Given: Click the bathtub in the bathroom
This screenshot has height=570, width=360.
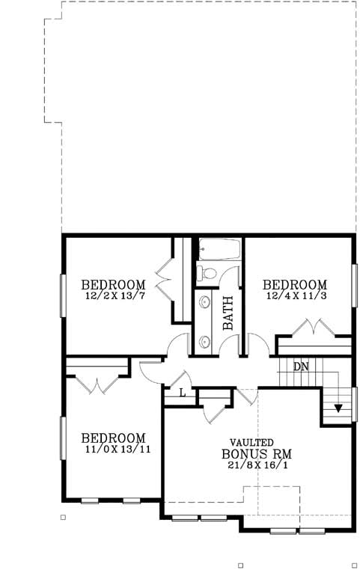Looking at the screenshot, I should coord(219,249).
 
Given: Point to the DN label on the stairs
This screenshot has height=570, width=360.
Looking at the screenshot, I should coord(301,367).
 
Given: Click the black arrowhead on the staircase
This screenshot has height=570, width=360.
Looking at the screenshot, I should coord(338,408).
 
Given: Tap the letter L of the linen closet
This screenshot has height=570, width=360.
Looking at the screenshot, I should coord(183,394).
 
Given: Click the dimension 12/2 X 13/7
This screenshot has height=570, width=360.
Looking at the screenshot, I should coord(113,296).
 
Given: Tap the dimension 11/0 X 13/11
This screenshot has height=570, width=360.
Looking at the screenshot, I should coord(114,450).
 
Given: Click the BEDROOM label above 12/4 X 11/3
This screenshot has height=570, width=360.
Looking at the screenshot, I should coord(295,285).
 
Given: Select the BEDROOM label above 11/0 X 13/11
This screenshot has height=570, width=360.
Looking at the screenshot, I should coord(113,438).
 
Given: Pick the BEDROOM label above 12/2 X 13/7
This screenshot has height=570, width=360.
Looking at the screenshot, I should coord(113,285).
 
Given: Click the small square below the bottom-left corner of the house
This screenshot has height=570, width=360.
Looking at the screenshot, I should coord(63,517).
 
